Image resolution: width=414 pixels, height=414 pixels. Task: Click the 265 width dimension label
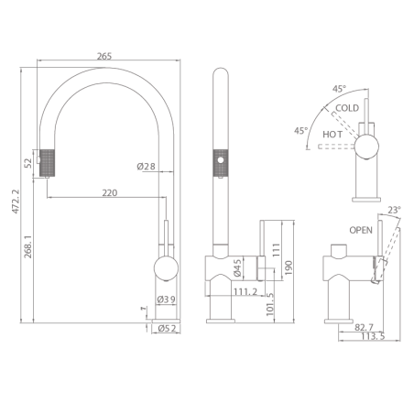coord(104,56)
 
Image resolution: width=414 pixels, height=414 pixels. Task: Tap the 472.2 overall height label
coord(16,202)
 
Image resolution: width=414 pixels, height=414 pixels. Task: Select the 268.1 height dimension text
coord(28,246)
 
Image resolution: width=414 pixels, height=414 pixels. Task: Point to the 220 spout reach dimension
coord(110,193)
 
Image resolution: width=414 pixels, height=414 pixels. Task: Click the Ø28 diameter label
coord(146,167)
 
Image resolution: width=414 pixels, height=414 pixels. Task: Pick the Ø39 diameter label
coord(167,300)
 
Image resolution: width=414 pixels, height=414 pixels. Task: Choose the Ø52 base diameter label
coord(168,329)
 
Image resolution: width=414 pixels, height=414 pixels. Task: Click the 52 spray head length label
coord(28,163)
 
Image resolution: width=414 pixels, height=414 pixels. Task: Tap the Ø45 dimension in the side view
coord(237,268)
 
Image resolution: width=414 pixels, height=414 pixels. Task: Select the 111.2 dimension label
coord(245,292)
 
